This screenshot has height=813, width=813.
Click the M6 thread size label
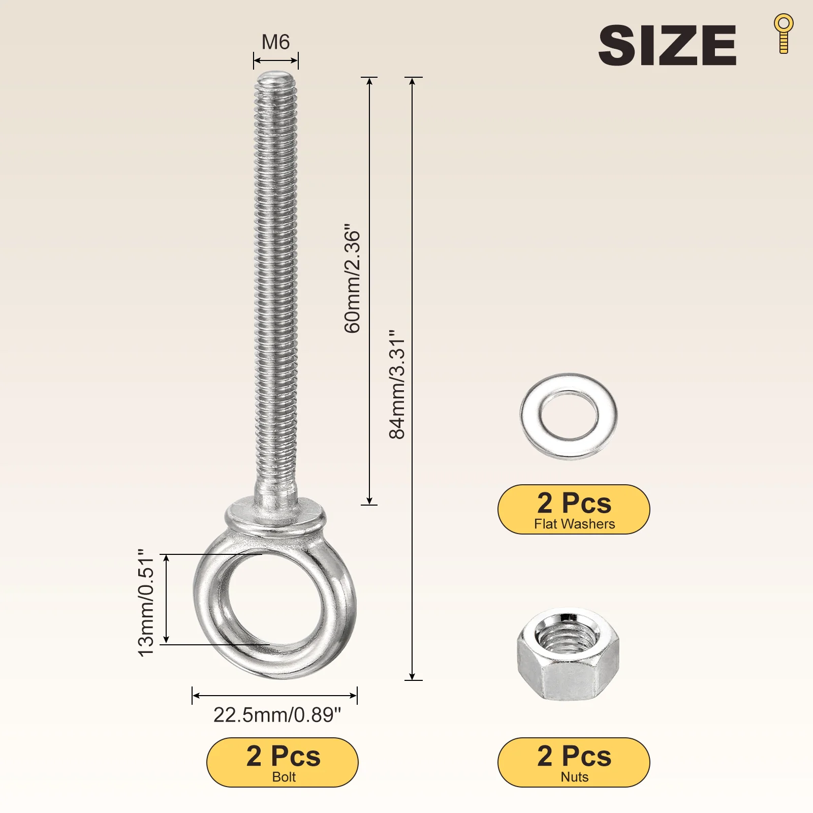(x=275, y=42)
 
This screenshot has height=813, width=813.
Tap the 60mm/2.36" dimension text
(x=352, y=278)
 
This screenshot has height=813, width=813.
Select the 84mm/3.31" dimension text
(x=397, y=384)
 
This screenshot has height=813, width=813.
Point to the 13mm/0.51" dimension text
(x=146, y=603)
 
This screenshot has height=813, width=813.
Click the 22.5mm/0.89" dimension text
(x=277, y=715)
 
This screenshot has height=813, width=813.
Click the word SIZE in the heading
(x=667, y=45)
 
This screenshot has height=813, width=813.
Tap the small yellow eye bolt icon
(x=784, y=34)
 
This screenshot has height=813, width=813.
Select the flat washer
(x=569, y=417)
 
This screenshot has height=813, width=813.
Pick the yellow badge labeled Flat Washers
(x=574, y=509)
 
